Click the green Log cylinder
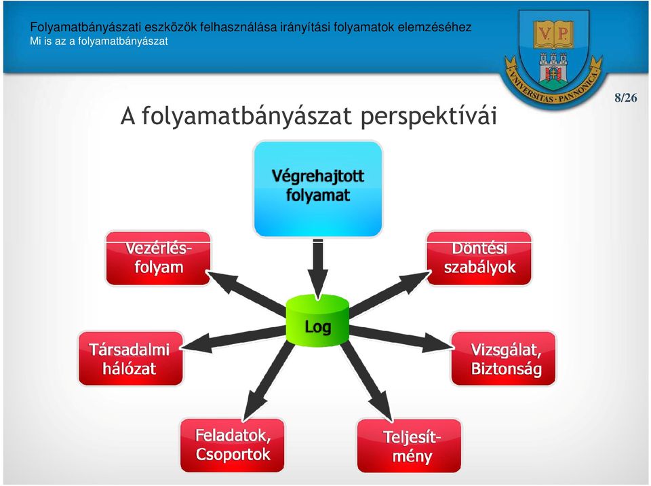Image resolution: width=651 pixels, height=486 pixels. (317, 320)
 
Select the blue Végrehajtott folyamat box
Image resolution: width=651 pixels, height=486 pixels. (317, 189)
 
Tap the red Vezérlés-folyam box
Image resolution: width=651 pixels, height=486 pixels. (158, 258)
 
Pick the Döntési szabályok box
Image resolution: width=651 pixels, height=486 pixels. (479, 258)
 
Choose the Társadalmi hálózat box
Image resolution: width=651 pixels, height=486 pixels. (130, 358)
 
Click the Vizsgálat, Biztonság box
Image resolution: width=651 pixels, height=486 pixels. (503, 358)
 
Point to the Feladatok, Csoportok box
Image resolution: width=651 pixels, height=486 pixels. (233, 445)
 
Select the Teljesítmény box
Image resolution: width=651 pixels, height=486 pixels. (410, 446)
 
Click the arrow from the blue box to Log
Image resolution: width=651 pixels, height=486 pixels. (318, 269)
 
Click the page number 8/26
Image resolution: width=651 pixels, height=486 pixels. (626, 98)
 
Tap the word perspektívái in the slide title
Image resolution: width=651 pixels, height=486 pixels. (429, 116)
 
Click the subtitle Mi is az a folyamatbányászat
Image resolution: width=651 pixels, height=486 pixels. (99, 41)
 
